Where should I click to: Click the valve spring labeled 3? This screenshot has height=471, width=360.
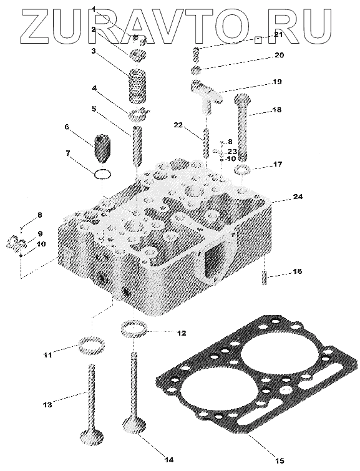[138, 85]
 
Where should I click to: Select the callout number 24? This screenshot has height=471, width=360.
[298, 197]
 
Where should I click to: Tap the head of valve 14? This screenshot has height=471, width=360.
[135, 425]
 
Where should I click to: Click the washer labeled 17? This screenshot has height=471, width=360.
[243, 170]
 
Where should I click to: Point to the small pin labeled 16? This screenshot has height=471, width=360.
[264, 278]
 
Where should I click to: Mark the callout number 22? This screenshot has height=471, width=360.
[178, 125]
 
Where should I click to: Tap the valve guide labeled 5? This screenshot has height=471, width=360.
[137, 146]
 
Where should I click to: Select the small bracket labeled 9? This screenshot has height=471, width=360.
[16, 243]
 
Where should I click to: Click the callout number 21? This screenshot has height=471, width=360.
[278, 35]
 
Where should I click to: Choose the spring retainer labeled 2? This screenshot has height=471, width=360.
[138, 56]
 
